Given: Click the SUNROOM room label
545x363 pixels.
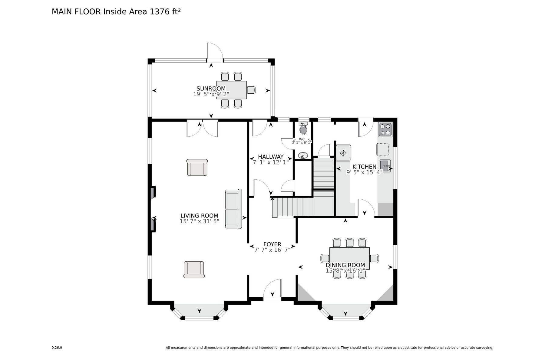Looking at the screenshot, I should pos(211,88).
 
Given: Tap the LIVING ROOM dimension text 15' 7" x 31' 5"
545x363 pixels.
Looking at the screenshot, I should pos(199,221).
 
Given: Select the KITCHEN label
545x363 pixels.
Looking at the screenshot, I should pos(364,167).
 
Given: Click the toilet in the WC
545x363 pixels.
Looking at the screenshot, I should pos(303,129).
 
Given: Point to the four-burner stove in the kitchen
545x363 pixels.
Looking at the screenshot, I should pos(385,129).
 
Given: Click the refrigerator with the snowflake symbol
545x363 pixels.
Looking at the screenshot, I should pos(343,152).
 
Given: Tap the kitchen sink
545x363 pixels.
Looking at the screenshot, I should pos(385,166).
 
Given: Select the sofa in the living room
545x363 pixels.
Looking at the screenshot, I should pos(233,209).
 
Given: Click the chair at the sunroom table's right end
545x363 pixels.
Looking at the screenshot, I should pos(251,90).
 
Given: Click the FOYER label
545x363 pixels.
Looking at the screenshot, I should pos(272,244).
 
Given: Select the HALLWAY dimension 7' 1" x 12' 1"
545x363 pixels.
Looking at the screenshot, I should pos(271,162).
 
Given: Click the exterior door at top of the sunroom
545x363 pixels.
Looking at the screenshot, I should pos(215,51).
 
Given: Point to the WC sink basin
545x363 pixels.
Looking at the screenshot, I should pos(303,156).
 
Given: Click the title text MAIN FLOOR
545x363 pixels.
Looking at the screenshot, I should pos(76,11).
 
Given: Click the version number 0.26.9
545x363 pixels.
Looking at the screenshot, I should pos(57,348).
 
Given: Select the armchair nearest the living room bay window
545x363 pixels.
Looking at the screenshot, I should pos(194,269).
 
